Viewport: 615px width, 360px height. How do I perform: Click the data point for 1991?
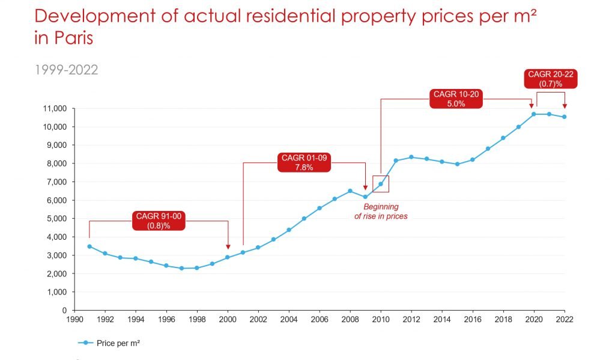[89, 246]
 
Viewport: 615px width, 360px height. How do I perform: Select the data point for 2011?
[396, 160]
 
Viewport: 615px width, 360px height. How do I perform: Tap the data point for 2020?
[533, 114]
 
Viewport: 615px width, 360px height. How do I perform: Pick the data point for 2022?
[564, 117]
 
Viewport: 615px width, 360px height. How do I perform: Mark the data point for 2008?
[350, 191]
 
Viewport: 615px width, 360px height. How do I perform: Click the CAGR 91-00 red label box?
[159, 221]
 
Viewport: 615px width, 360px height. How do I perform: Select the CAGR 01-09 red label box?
[304, 162]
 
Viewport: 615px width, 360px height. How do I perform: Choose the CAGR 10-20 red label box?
[457, 99]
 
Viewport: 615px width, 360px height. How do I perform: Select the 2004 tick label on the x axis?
[289, 320]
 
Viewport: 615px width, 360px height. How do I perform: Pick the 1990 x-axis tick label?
[74, 320]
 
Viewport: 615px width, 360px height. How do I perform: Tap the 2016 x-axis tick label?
[473, 320]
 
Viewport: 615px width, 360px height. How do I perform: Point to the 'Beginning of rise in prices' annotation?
[381, 211]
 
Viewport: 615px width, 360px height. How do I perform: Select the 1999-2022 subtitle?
[66, 70]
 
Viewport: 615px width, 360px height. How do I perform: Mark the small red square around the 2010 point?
[381, 184]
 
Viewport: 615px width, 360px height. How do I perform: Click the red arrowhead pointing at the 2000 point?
[228, 245]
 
